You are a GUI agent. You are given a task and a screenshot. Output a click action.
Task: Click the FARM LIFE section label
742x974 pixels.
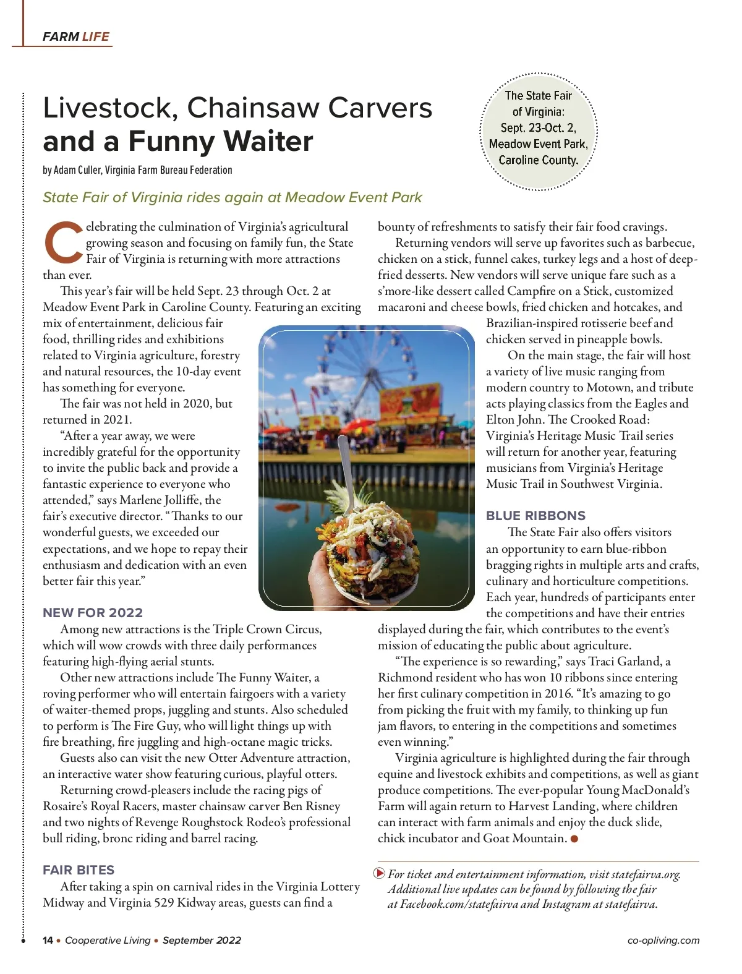coord(75,36)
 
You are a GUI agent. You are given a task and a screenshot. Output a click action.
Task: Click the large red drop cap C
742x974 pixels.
coord(62,242)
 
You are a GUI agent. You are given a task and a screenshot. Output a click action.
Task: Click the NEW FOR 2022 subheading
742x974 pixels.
coord(93,613)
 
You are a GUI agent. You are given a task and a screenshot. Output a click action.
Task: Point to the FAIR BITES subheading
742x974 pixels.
coord(79,870)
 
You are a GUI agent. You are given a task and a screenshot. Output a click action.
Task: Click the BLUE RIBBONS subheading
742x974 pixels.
coord(535,516)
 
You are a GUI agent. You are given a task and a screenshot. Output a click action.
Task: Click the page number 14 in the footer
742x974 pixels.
coord(48,941)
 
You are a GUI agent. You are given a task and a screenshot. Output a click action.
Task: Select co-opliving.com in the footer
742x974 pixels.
coord(663,941)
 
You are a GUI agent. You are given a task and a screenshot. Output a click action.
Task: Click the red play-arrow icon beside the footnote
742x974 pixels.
coord(380,873)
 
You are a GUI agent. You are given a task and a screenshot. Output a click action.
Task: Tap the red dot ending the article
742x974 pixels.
coord(574,839)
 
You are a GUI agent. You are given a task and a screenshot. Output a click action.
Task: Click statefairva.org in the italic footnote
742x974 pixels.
coord(645,874)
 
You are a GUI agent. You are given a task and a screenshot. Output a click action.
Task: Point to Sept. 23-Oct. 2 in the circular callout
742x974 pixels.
coord(538,128)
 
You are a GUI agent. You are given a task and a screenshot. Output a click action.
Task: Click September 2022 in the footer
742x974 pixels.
coord(202,941)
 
